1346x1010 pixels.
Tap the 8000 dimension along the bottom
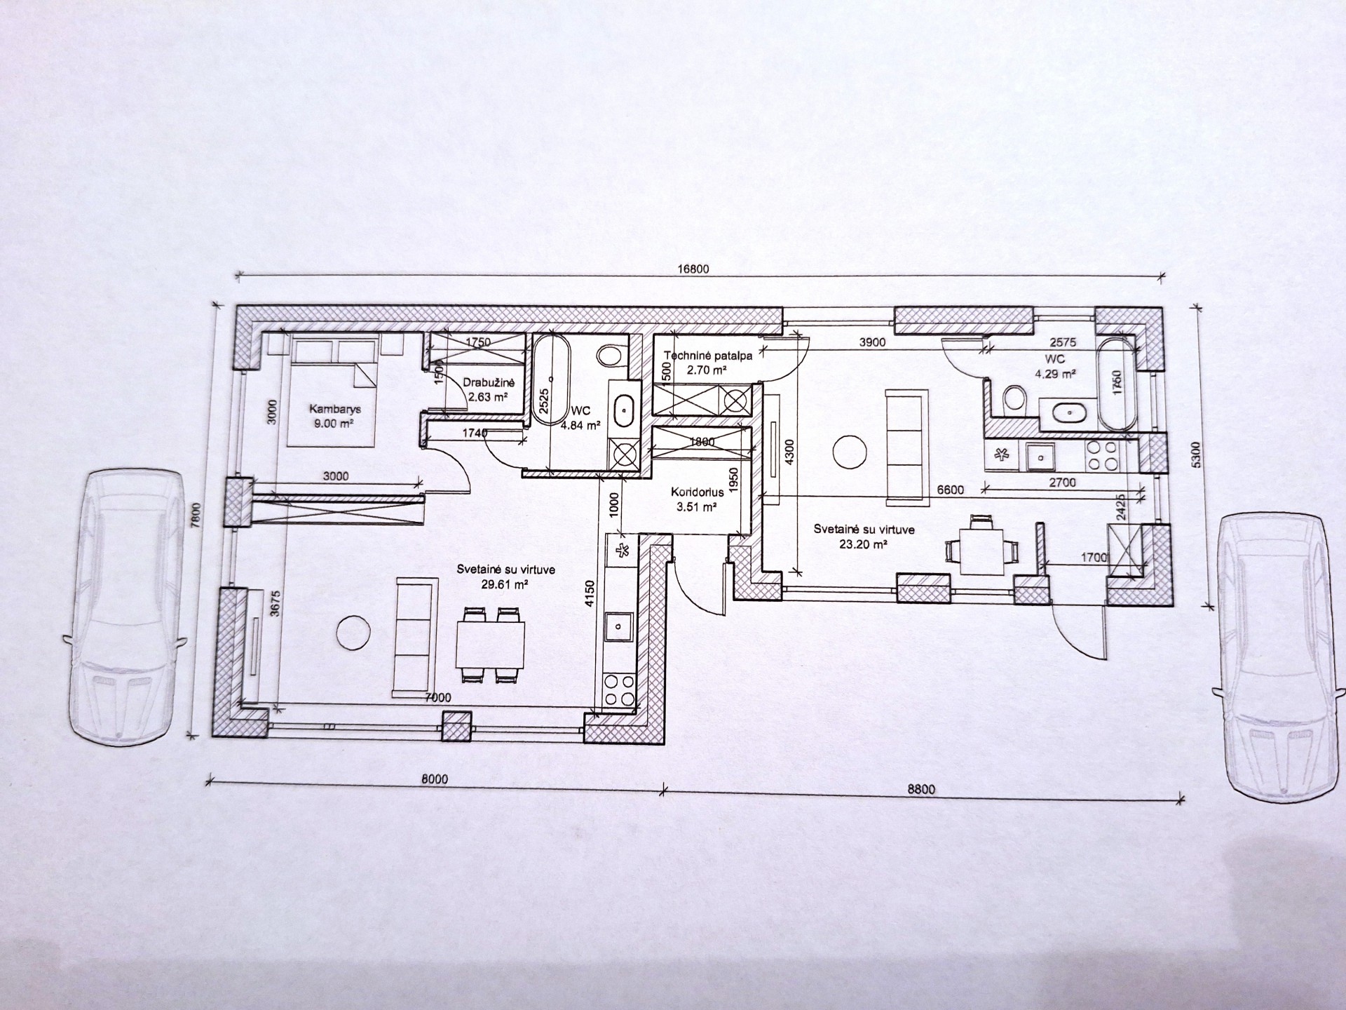[x=435, y=779]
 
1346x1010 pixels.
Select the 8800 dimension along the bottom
[x=921, y=789]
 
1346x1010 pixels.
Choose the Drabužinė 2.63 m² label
[x=489, y=389]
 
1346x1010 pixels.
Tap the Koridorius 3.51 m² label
[x=697, y=499]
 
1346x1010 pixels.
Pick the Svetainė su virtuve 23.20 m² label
[x=864, y=536]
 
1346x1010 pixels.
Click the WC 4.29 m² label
[x=1055, y=366]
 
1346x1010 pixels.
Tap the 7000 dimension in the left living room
[x=438, y=698]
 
